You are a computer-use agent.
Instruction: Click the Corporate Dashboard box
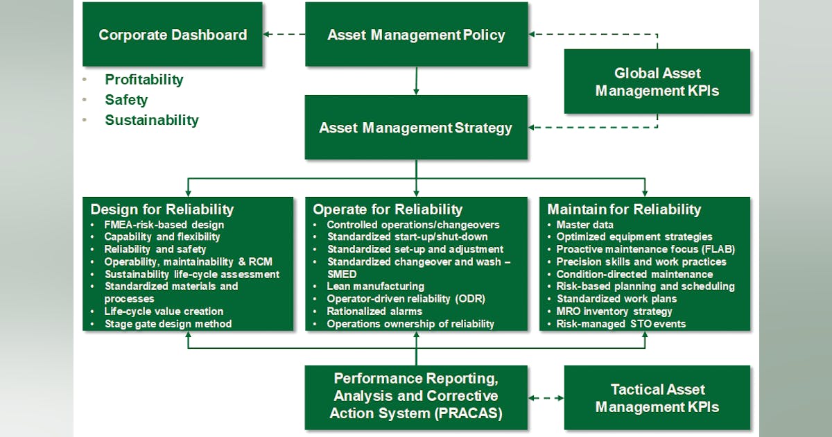(173, 35)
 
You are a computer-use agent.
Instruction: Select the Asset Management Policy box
(416, 35)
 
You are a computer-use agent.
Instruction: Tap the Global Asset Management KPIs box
(657, 81)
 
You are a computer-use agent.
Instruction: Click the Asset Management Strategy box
(416, 128)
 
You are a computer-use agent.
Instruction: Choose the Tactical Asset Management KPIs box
(657, 397)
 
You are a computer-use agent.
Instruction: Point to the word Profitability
(144, 80)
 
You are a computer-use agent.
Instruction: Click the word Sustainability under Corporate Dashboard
(152, 120)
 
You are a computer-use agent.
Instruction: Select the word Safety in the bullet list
(126, 100)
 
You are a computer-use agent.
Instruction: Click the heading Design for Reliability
(162, 209)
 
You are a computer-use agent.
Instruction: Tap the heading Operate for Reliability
(388, 209)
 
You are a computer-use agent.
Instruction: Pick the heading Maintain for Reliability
(624, 209)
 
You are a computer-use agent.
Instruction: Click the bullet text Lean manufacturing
(375, 286)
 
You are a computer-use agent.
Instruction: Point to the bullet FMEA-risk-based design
(164, 225)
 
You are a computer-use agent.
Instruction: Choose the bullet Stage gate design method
(168, 324)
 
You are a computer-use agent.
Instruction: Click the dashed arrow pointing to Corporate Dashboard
(284, 35)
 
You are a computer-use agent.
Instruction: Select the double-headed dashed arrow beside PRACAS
(546, 398)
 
